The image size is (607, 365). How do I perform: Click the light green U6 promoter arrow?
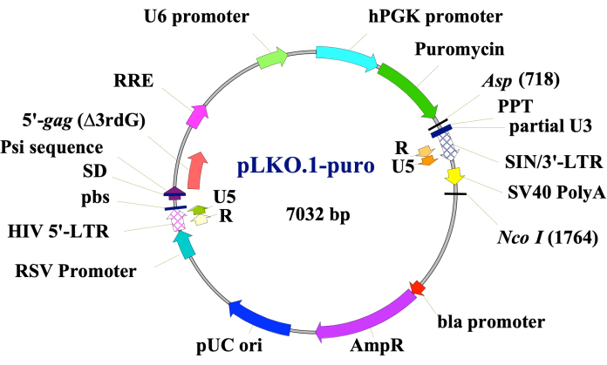273,58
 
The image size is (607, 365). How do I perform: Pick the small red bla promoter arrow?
418,287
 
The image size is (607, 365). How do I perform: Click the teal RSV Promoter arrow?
185,250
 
